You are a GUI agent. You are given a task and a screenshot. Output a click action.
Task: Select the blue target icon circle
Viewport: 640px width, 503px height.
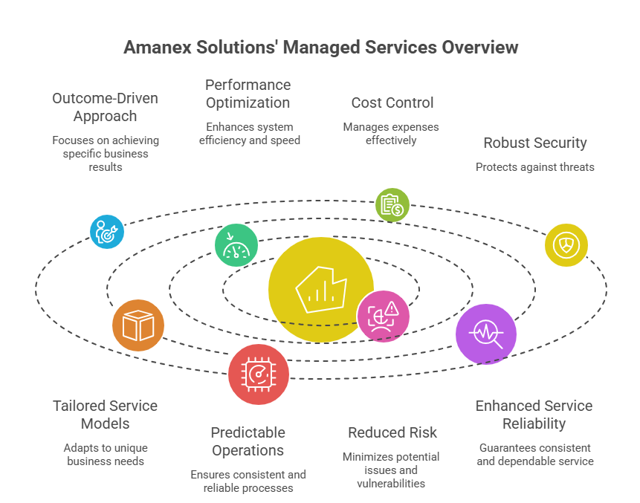pos(106,231)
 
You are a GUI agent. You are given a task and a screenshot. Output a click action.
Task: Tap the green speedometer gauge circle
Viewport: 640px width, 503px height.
pos(236,245)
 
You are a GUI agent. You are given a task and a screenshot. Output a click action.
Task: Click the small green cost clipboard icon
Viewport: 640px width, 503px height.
pos(392,205)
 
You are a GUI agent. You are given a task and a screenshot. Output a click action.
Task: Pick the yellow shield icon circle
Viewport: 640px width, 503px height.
pos(566,245)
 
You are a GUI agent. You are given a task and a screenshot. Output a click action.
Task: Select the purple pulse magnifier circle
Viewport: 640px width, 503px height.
pos(486,334)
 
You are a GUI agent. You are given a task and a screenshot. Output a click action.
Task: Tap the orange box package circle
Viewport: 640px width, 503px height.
pos(138,325)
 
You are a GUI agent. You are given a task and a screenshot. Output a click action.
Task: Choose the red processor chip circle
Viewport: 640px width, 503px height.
pos(258,374)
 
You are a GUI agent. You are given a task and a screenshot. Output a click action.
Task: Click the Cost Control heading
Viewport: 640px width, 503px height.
pos(392,103)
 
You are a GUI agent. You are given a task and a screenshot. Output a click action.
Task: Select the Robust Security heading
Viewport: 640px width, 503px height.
pos(534,143)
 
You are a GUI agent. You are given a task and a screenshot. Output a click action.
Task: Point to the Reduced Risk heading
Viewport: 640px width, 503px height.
pos(392,432)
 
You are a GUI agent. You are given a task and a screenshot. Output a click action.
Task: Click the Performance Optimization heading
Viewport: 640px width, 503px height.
pos(248,94)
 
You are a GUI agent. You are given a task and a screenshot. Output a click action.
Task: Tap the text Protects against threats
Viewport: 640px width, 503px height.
pos(534,167)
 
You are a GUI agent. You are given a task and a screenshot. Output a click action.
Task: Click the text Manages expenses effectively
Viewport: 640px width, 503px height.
pos(391,133)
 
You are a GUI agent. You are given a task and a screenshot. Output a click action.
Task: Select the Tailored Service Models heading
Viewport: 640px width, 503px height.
pos(105,415)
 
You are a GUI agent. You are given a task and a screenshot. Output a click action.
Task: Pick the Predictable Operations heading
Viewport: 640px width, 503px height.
pos(248,441)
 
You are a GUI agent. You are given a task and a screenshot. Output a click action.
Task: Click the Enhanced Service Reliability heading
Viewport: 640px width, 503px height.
pos(534,415)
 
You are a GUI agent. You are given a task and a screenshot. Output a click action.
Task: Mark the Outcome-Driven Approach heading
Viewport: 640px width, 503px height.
pos(105,107)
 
